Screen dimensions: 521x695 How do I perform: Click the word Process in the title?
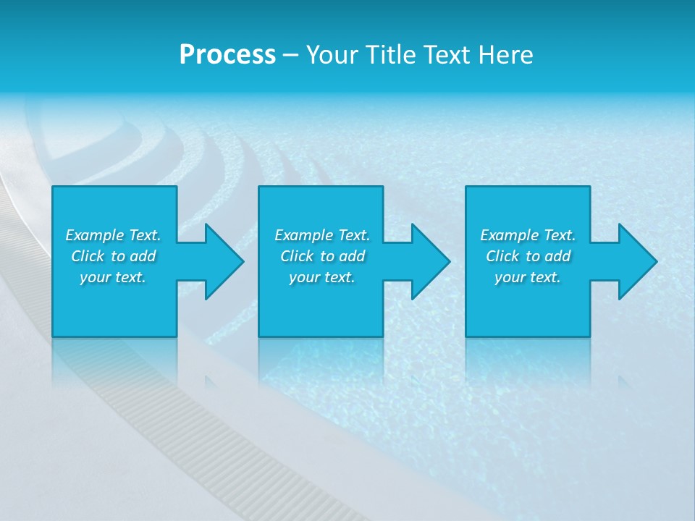point(227,55)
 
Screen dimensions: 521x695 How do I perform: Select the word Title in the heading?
point(391,55)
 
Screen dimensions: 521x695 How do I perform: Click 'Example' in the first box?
point(95,235)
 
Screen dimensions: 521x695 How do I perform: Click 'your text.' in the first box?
point(113,277)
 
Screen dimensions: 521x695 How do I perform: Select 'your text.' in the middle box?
point(322,277)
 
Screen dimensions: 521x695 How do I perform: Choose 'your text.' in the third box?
point(528,277)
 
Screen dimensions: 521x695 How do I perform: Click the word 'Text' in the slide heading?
point(448,55)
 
